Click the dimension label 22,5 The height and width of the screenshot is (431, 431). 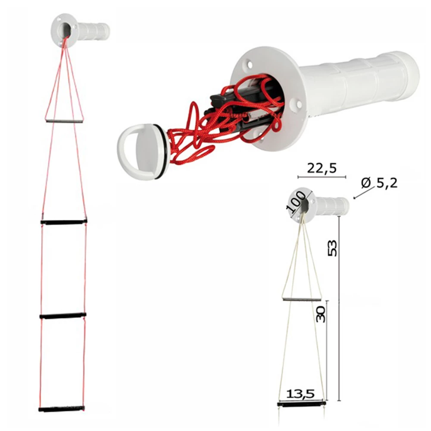322,168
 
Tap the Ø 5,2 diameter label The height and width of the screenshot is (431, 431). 379,183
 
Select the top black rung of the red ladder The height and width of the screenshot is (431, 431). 64,222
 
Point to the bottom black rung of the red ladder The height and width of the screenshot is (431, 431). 62,408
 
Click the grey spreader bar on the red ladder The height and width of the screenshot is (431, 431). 64,121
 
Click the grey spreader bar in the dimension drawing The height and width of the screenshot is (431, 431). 302,299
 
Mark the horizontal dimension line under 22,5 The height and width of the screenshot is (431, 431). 322,177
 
